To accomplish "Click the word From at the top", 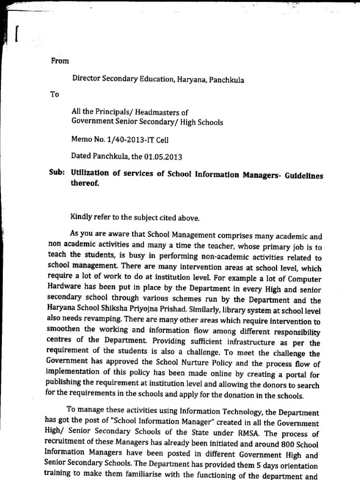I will point(59,61).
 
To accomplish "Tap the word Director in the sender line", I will point(85,79).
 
